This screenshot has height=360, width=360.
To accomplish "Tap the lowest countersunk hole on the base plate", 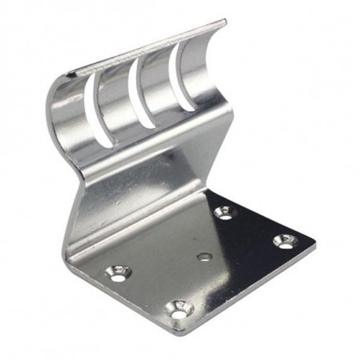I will pyautogui.click(x=178, y=309).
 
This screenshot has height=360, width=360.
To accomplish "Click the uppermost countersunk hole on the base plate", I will pyautogui.click(x=224, y=212).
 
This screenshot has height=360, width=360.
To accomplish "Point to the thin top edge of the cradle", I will pyautogui.click(x=149, y=48).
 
